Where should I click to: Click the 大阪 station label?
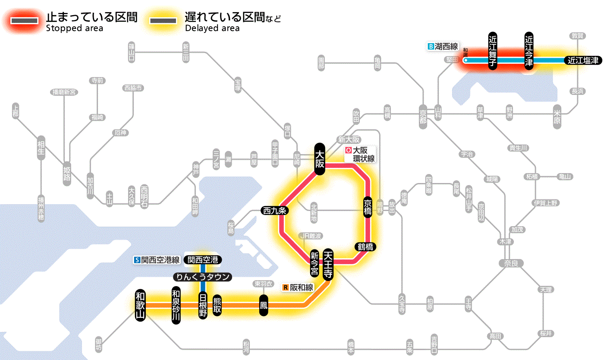click(x=320, y=159)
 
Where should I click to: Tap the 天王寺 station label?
click(x=328, y=265)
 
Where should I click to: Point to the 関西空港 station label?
click(x=203, y=260)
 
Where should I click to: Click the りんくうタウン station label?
click(x=202, y=277)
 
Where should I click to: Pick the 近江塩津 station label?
click(x=582, y=60)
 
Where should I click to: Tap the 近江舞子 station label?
click(x=493, y=51)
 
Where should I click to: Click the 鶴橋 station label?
click(x=365, y=247)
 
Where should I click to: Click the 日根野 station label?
click(x=203, y=305)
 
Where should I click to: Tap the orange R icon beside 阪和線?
click(x=285, y=287)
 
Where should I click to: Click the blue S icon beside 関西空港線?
click(x=137, y=260)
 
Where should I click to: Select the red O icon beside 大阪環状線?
click(x=348, y=151)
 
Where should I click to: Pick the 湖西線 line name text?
click(x=447, y=46)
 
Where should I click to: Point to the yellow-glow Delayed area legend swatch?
click(x=163, y=21)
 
